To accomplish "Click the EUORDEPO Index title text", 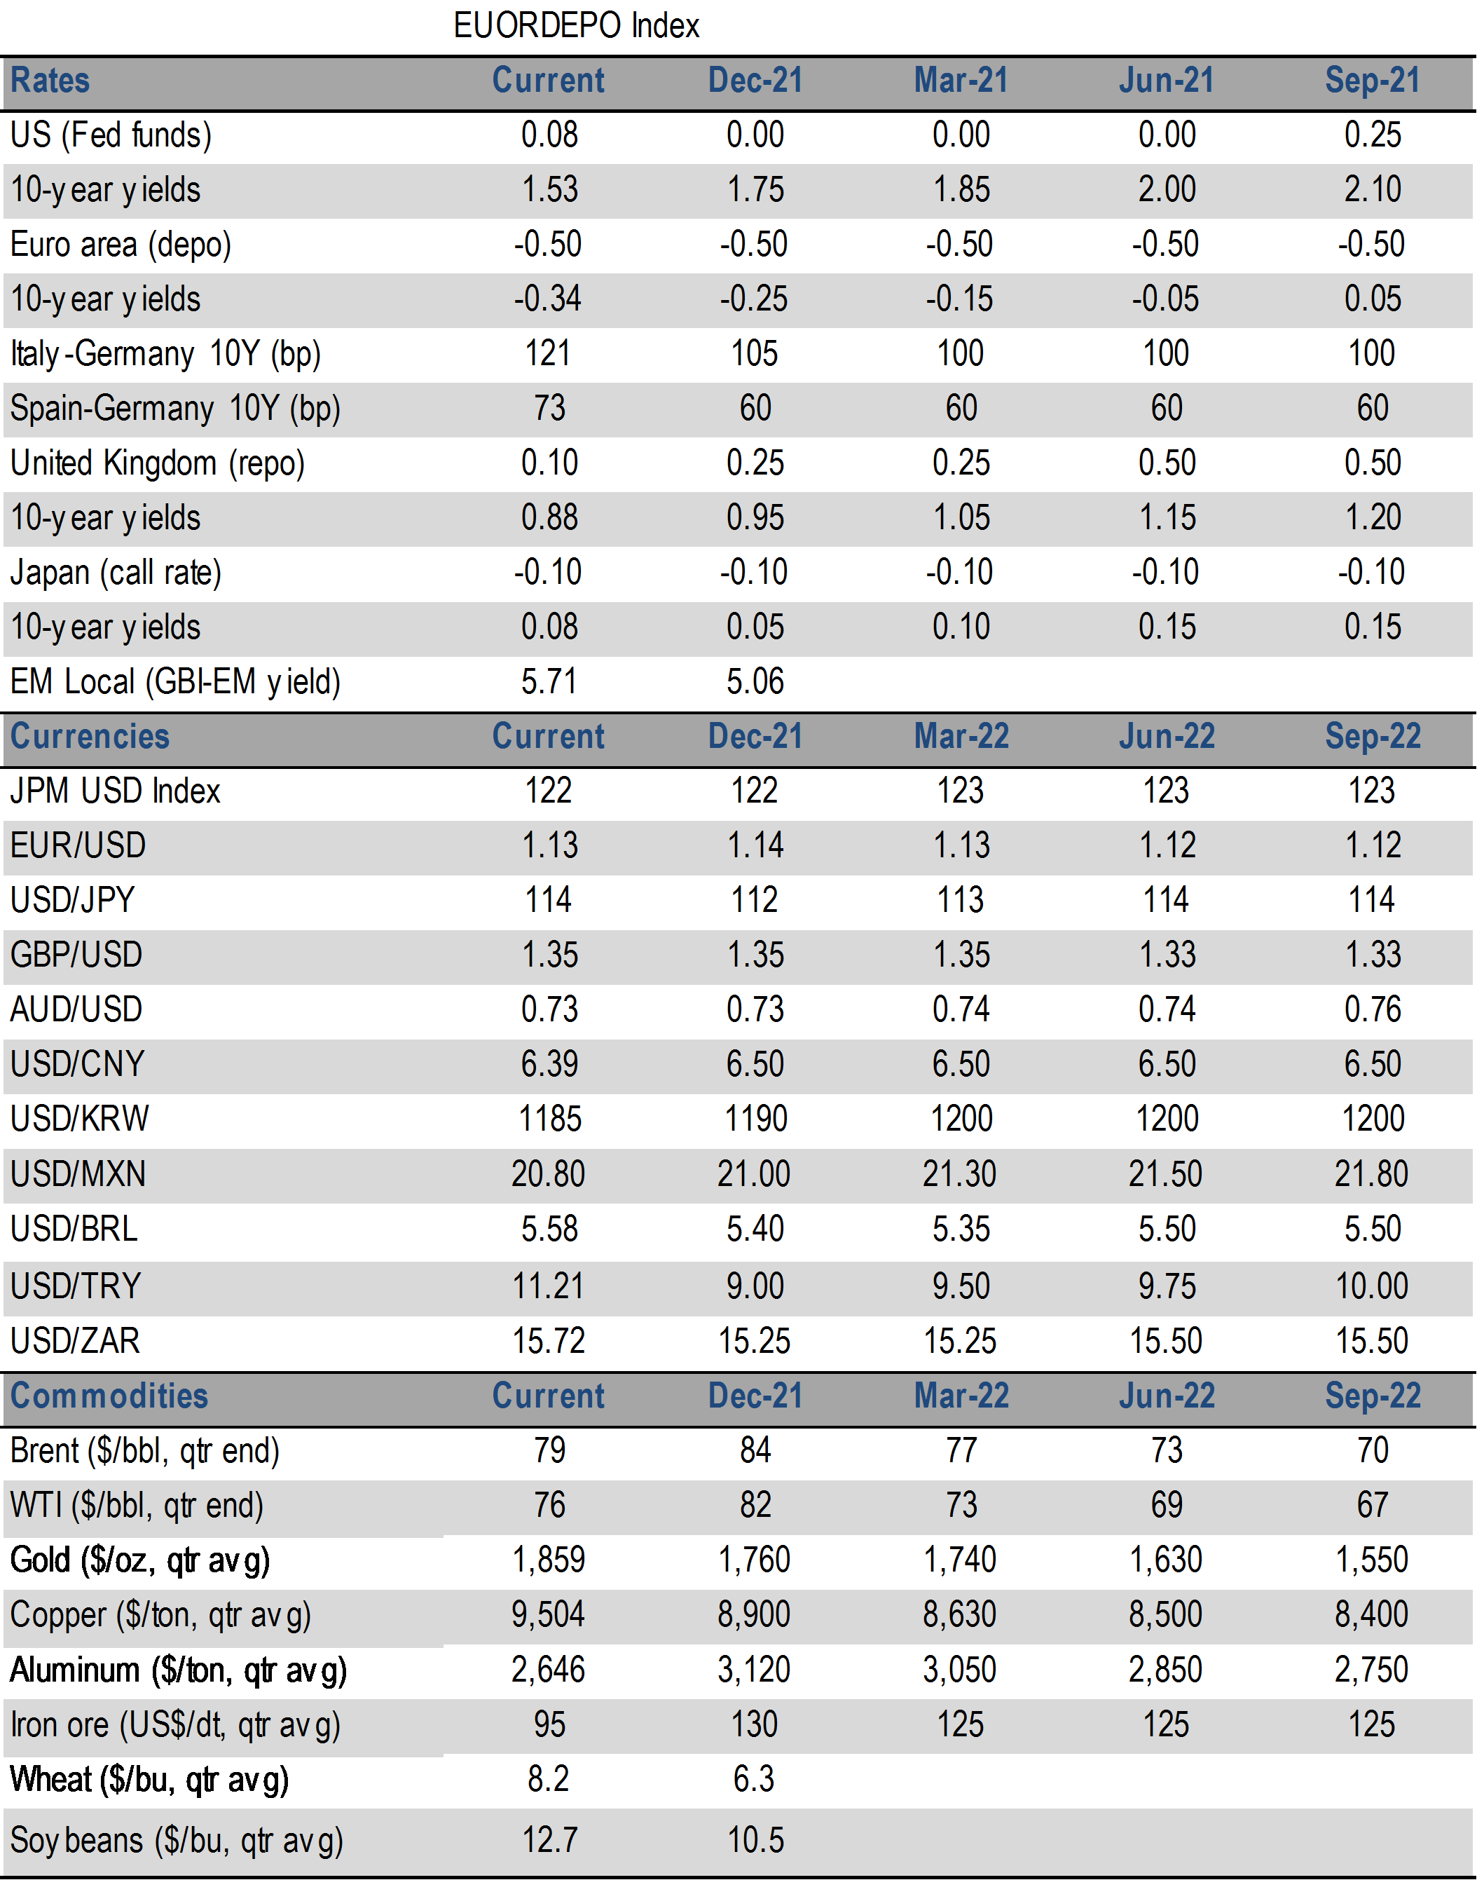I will click(x=576, y=26).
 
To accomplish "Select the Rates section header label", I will click(x=50, y=81).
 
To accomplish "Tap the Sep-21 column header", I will click(x=1373, y=81).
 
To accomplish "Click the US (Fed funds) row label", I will click(x=111, y=135).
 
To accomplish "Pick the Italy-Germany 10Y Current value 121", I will click(x=548, y=354).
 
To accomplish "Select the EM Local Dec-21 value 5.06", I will click(x=755, y=682).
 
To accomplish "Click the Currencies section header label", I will click(x=90, y=736).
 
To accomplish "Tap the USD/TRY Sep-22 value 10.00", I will click(x=1371, y=1286).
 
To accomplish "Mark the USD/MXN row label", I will click(x=78, y=1174).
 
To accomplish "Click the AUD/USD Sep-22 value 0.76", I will click(x=1373, y=1009).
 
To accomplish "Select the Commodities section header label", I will click(x=109, y=1396).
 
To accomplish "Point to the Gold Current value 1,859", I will click(x=548, y=1560).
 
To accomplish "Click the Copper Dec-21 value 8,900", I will click(x=754, y=1614).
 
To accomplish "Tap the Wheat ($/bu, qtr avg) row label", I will click(x=149, y=1780).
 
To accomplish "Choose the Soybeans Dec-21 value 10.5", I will click(x=755, y=1840).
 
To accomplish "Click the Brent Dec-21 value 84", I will click(x=755, y=1450).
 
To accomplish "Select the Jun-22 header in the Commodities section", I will click(x=1167, y=1396).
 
